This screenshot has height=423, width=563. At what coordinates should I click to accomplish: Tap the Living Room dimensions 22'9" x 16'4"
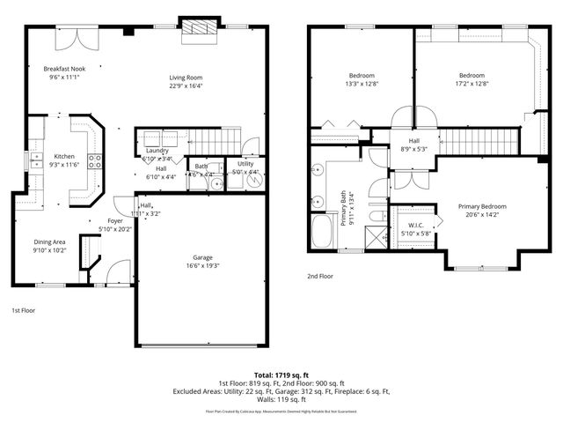point(186,86)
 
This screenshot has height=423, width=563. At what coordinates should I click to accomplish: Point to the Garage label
point(203,258)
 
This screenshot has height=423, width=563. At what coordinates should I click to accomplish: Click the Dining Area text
point(49,241)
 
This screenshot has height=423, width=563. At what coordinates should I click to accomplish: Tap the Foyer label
point(115,220)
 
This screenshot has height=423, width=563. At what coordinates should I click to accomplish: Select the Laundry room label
point(157,151)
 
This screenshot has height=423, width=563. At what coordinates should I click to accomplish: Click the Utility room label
point(245,164)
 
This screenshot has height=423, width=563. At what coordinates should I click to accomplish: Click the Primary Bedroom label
point(482,206)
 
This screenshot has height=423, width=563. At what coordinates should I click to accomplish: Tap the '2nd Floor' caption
point(319,275)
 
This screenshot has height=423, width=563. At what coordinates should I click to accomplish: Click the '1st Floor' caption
point(23,310)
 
